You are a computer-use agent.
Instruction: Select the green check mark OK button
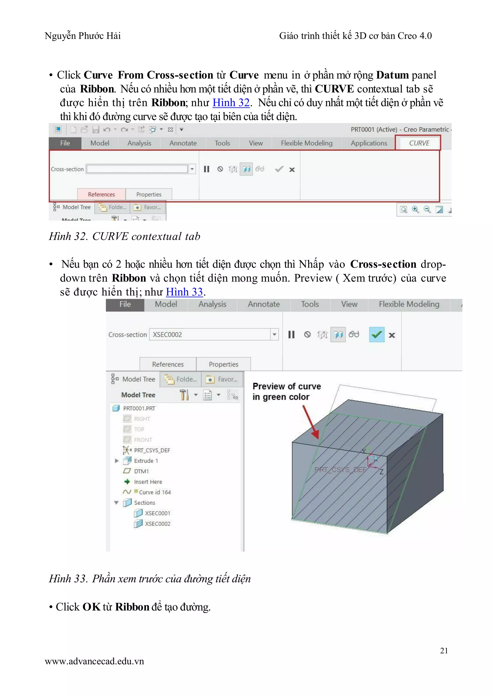pyautogui.click(x=377, y=335)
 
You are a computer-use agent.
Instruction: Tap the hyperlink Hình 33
pyautogui.click(x=184, y=292)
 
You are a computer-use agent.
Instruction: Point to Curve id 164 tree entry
pyautogui.click(x=155, y=492)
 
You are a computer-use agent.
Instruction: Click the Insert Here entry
pyautogui.click(x=148, y=482)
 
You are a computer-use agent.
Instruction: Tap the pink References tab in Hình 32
pyautogui.click(x=101, y=194)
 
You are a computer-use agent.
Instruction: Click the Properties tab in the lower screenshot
pyautogui.click(x=223, y=364)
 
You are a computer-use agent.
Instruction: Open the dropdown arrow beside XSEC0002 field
pyautogui.click(x=274, y=335)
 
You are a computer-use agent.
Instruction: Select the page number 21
pyautogui.click(x=444, y=651)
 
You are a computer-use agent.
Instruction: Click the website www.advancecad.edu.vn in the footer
pyautogui.click(x=94, y=661)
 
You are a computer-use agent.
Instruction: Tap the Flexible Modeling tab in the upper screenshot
pyautogui.click(x=307, y=143)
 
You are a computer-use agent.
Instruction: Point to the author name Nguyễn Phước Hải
pyautogui.click(x=83, y=36)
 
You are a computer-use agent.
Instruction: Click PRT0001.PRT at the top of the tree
pyautogui.click(x=139, y=408)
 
